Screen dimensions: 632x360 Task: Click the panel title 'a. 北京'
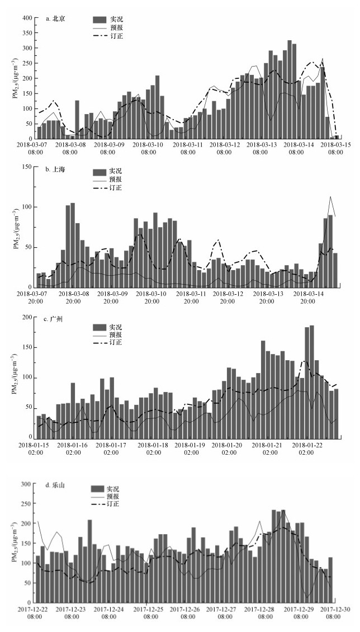pos(55,18)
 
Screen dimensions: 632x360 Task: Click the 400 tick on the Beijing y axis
pos(27,18)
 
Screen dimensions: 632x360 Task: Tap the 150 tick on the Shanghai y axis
pos(27,167)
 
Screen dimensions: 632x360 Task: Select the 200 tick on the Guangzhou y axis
pos(27,317)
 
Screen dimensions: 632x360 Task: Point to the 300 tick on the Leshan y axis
pos(27,483)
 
